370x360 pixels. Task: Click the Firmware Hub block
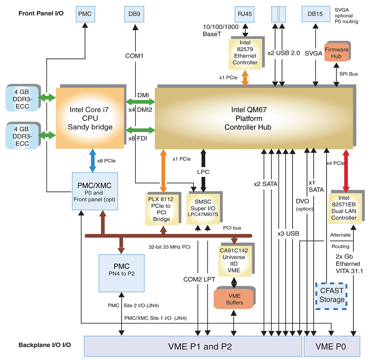pos(336,52)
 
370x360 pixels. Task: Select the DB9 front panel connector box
pos(134,14)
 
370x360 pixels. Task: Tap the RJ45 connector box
pos(245,14)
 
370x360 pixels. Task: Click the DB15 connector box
pos(316,14)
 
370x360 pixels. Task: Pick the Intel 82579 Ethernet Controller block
pos(245,54)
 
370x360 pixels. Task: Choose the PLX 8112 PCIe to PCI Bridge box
pos(162,210)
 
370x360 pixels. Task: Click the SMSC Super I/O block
pos(203,208)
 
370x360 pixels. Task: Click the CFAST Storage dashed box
pos(331,296)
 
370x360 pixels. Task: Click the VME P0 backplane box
pos(332,346)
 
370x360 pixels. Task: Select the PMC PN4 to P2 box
pos(121,273)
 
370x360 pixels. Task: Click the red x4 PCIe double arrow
pos(346,171)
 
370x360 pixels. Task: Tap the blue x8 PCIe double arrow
pos(92,160)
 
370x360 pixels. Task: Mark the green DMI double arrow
pos(140,102)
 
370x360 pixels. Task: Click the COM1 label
pos(134,56)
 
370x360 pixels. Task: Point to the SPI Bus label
pos(349,74)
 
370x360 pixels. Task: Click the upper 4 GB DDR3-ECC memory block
pos(23,99)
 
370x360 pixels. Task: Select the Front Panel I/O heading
pos(41,13)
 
